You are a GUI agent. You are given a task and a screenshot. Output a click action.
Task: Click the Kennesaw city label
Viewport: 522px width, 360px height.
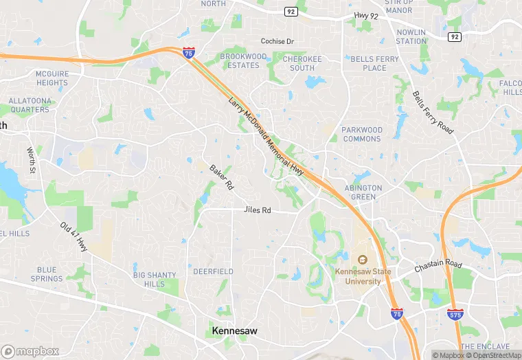point(235,331)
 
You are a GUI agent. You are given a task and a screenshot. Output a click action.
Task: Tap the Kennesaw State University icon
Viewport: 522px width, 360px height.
point(362,259)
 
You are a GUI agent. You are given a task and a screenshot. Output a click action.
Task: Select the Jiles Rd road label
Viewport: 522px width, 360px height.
point(258,210)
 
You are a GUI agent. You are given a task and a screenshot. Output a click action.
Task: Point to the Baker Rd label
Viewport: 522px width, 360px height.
point(222,177)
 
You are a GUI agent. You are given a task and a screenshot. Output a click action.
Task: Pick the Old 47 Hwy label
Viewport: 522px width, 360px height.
point(73,236)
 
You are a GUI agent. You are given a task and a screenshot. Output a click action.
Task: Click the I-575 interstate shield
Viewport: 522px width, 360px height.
point(455,313)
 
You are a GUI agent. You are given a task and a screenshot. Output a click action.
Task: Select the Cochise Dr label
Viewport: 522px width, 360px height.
point(277,41)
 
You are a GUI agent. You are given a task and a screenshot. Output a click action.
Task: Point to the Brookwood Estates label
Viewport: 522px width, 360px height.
point(243,60)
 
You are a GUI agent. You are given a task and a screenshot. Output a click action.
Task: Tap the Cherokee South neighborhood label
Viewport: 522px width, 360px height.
point(302,63)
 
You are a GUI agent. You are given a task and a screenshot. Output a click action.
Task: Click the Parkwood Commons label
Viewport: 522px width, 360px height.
point(361,134)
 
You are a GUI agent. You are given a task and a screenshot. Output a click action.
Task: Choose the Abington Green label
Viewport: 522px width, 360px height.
point(363,192)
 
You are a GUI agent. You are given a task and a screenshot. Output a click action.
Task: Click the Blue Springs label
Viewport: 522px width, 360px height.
point(47,274)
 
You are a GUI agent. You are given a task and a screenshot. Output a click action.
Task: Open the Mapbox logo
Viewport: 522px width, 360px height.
point(30,351)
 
